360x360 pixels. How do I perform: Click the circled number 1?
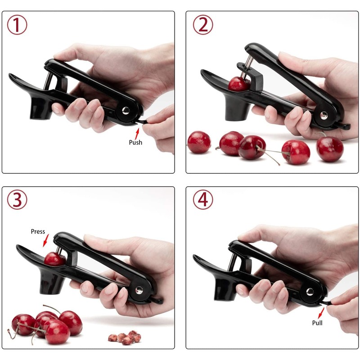pyautogui.click(x=17, y=25)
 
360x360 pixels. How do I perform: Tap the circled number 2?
pyautogui.click(x=203, y=25)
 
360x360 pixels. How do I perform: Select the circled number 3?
pyautogui.click(x=17, y=199)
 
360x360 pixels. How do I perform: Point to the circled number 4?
pyautogui.click(x=203, y=199)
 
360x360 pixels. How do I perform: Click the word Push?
pyautogui.click(x=135, y=142)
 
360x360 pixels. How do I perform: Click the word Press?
pyautogui.click(x=38, y=231)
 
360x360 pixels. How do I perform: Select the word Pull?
pyautogui.click(x=317, y=323)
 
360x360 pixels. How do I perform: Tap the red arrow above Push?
pyautogui.click(x=138, y=131)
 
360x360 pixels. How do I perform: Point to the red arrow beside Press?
pyautogui.click(x=44, y=242)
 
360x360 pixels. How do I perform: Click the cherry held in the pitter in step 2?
pyautogui.click(x=238, y=84)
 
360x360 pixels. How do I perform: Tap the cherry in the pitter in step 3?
pyautogui.click(x=54, y=259)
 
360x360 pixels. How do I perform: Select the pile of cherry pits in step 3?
pyautogui.click(x=125, y=337)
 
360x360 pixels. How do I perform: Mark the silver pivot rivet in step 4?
pyautogui.click(x=310, y=291)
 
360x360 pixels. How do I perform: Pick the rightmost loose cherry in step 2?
pyautogui.click(x=330, y=149)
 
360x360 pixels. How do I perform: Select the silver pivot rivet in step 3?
pyautogui.click(x=139, y=289)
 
